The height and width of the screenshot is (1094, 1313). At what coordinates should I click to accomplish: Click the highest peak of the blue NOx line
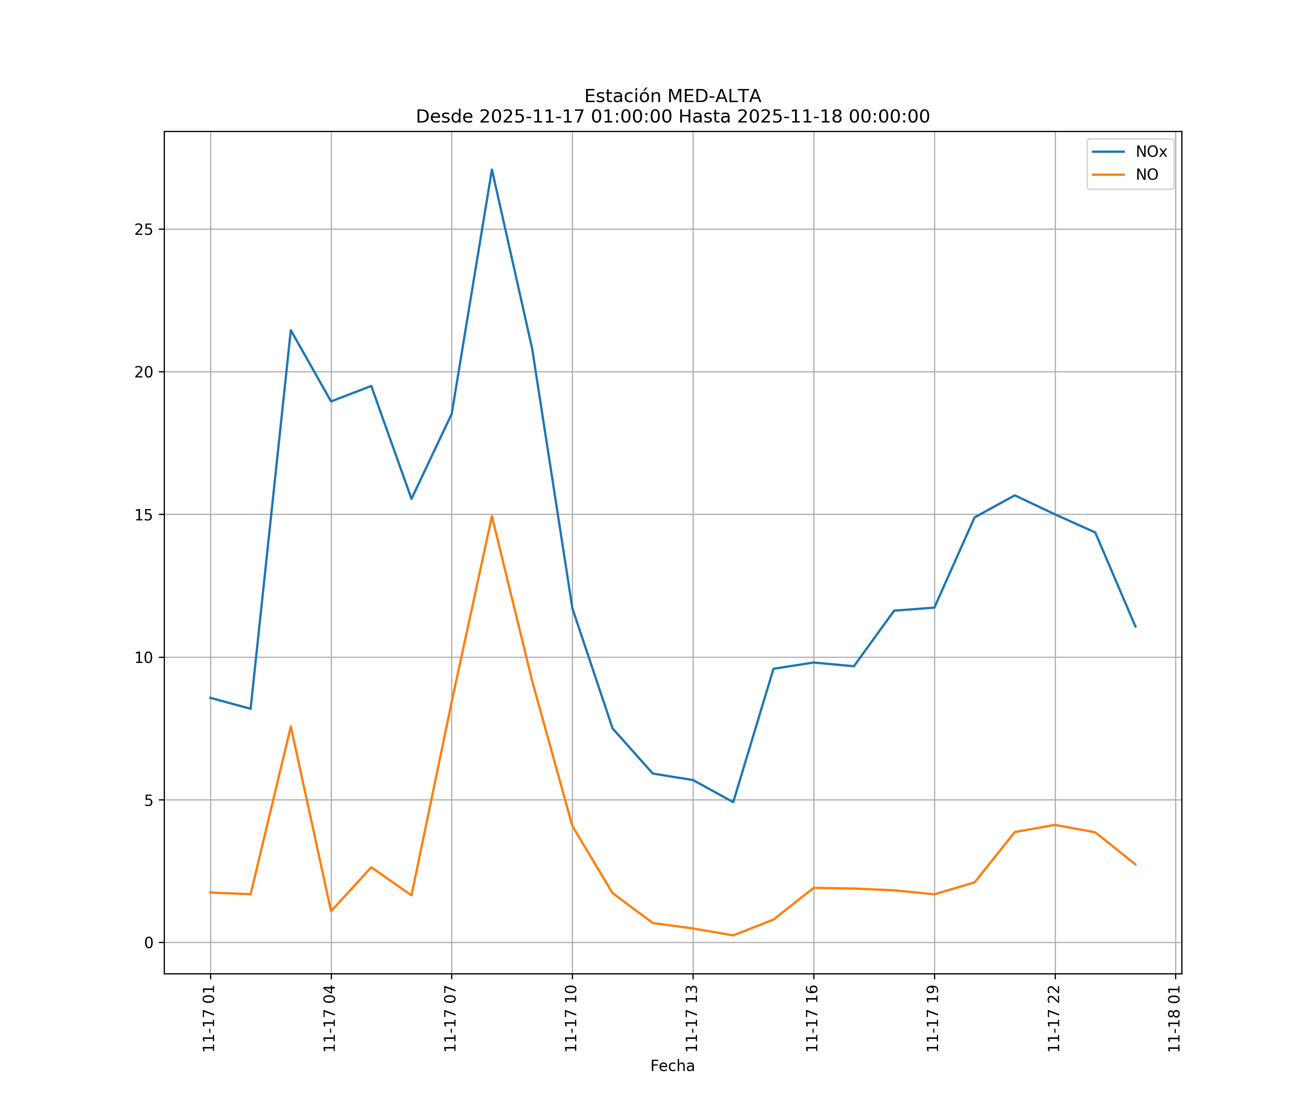coord(492,170)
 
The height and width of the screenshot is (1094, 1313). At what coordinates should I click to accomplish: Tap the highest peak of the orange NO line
coord(492,516)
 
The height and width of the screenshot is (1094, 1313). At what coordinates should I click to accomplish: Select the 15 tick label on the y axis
coord(144,515)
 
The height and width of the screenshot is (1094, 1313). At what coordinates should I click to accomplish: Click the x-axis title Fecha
coord(672,1066)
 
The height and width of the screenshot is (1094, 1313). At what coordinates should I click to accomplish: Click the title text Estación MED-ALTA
coord(672,96)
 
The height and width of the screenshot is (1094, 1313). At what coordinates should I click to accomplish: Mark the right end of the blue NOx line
coord(1135,626)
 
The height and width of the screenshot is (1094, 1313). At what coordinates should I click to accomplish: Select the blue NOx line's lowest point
coord(733,802)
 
